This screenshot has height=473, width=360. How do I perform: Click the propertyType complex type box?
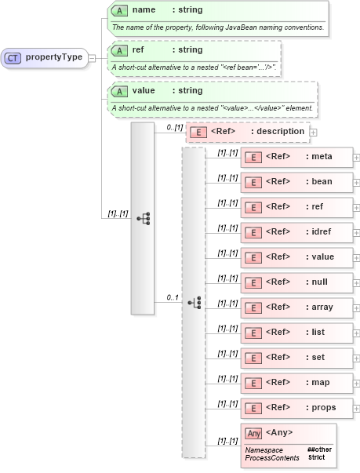47,57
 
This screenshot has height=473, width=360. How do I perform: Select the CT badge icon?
13,57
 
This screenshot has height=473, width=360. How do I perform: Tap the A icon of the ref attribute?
119,50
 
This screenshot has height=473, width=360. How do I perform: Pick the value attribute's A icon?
119,90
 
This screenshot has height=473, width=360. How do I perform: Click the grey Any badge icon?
253,433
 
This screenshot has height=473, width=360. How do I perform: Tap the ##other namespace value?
317,449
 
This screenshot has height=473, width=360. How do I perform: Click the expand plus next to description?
314,132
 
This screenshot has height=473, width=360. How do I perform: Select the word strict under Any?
316,457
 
